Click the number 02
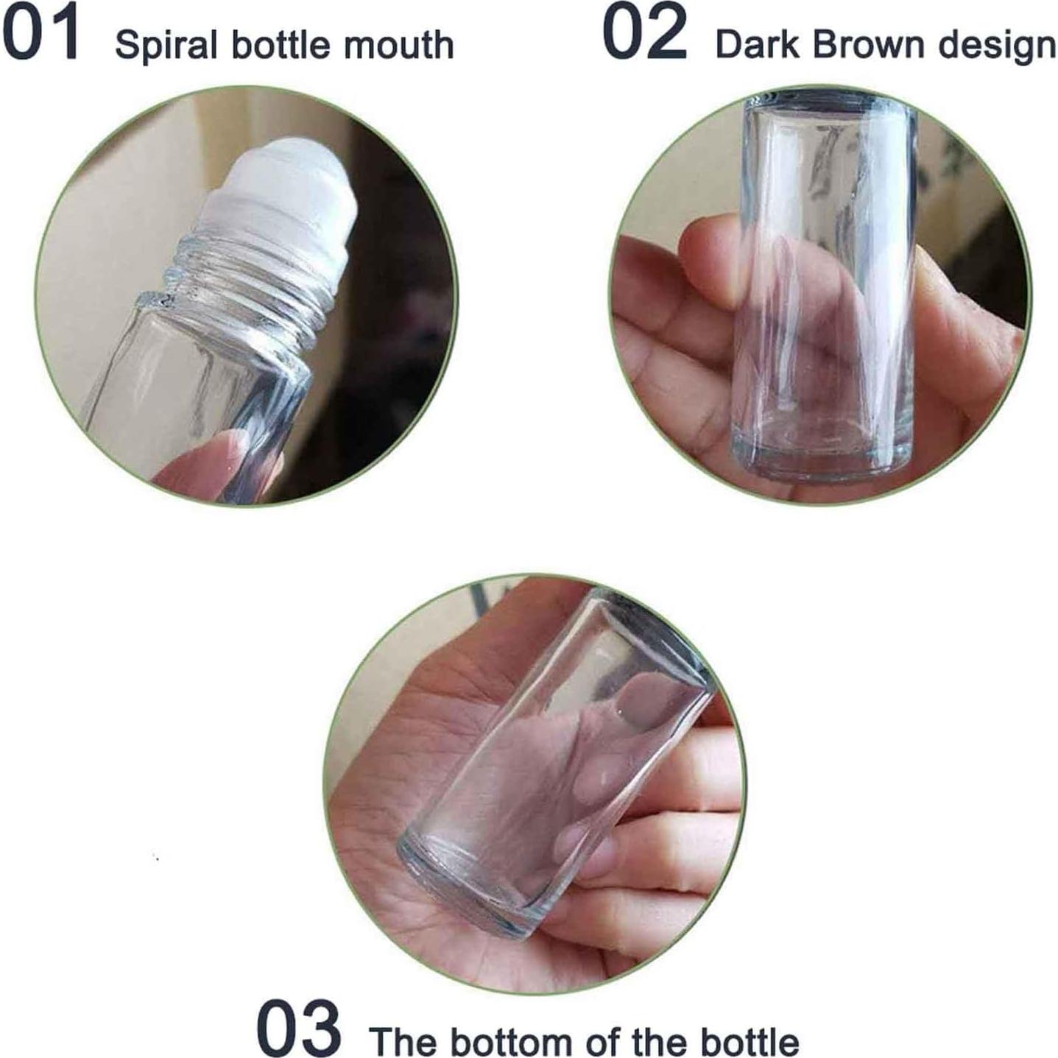click(x=644, y=33)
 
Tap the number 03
click(x=298, y=1027)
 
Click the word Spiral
click(x=166, y=46)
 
